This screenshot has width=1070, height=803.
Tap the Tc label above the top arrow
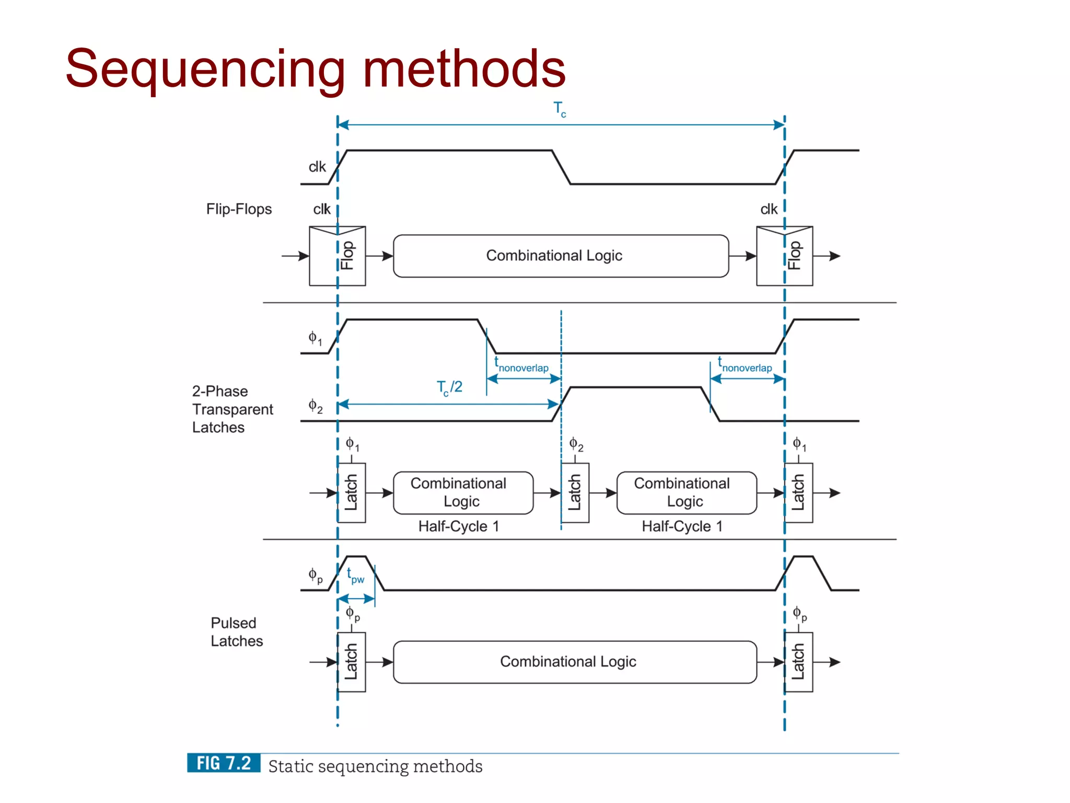560,109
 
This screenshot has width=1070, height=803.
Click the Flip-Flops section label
239,209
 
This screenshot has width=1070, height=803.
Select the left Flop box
337,256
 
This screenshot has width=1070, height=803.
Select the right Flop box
784,256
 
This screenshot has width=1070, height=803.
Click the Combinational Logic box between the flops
561,256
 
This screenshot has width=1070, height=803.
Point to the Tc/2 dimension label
449,387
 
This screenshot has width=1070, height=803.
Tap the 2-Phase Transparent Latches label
232,409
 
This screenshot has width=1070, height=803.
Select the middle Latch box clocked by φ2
575,492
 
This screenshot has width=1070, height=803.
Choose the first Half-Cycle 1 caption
458,526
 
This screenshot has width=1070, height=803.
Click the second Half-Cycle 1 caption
682,526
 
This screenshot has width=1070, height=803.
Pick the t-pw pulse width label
355,576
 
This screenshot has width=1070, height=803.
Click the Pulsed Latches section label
236,632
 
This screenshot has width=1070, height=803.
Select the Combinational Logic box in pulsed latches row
575,662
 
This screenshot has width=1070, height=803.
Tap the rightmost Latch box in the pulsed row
798,662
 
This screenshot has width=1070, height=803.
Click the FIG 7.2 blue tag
224,763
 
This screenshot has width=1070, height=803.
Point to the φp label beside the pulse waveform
315,576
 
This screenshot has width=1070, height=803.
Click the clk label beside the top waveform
317,167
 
